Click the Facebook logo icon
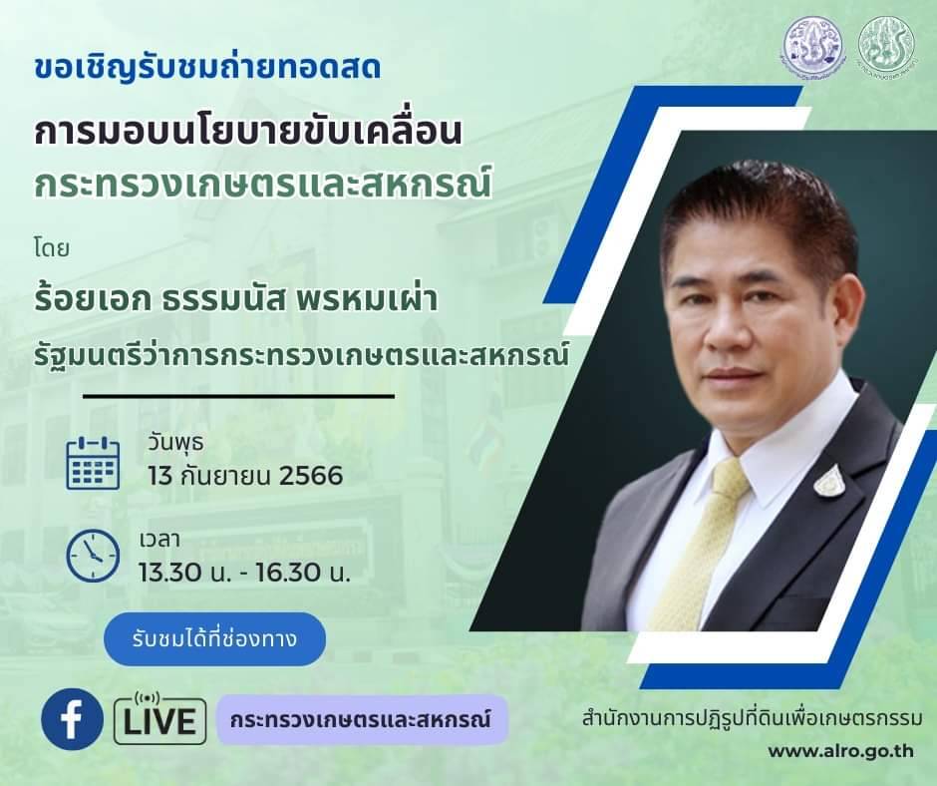click(x=72, y=719)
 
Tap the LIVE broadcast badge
click(x=160, y=718)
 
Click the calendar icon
click(x=93, y=464)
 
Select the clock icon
click(x=93, y=556)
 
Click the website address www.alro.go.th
click(x=840, y=751)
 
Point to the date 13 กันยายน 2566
click(x=245, y=476)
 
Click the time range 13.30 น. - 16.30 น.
click(x=244, y=573)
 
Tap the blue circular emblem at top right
click(x=814, y=44)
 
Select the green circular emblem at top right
click(x=885, y=44)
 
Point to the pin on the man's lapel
click(x=829, y=481)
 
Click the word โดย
click(x=52, y=248)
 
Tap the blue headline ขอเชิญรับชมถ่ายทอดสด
click(x=207, y=68)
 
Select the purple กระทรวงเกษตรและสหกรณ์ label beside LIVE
click(x=362, y=719)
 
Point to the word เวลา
click(x=159, y=540)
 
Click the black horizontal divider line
click(x=238, y=396)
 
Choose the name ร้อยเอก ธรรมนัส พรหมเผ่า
click(x=236, y=299)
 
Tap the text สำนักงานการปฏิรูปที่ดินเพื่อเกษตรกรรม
click(x=752, y=718)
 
